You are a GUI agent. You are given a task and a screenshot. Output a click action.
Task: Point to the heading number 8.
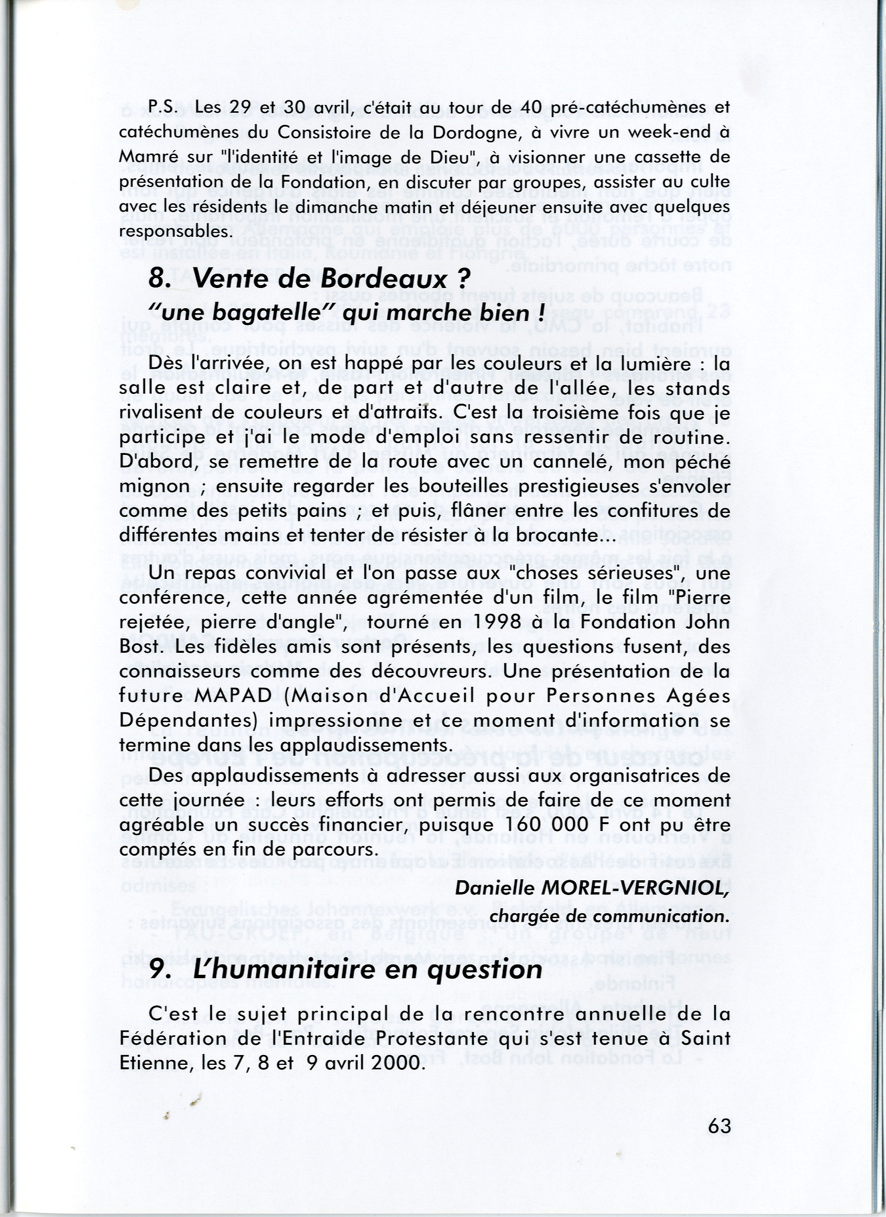[x=158, y=279]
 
